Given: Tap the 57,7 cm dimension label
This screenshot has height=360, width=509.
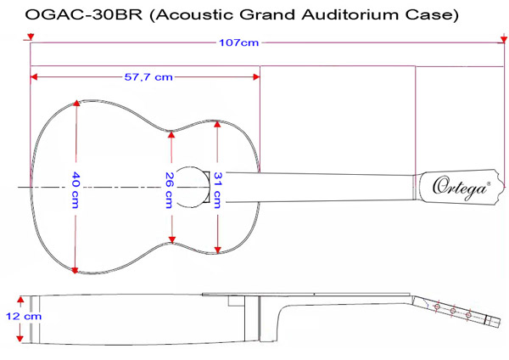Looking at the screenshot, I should (148, 76).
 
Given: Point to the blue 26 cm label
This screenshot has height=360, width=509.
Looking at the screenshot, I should (170, 188).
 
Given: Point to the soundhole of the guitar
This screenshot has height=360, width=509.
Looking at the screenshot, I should (189, 186).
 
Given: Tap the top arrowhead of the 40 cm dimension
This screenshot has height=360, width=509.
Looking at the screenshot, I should (77, 103).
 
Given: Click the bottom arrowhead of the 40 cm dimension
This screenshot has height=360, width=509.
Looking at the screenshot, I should (77, 270).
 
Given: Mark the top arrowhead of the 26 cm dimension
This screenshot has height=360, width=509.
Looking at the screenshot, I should (171, 133).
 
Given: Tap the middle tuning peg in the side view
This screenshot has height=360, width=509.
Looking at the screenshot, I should (454, 313).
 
